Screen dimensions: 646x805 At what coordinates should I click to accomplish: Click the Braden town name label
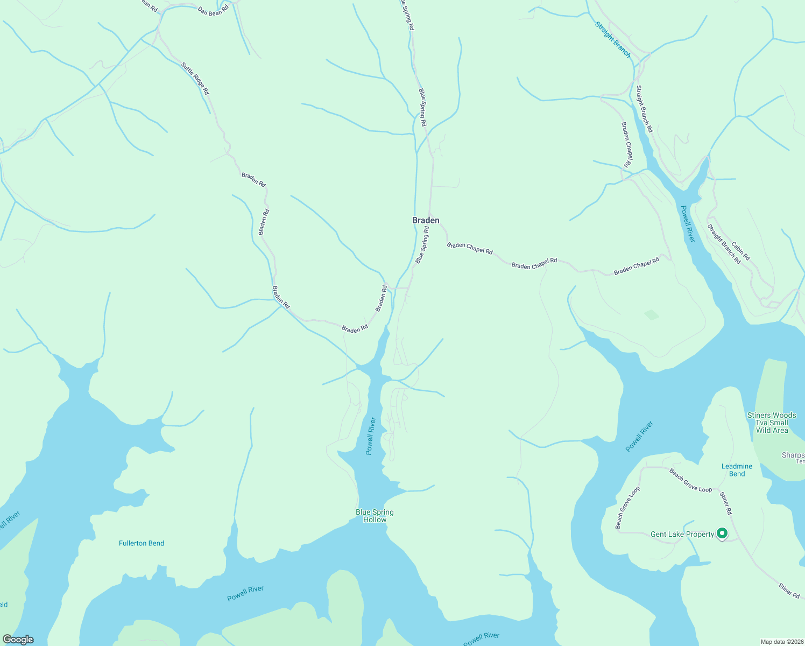pos(426,220)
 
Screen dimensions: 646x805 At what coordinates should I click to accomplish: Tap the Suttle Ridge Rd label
pos(195,79)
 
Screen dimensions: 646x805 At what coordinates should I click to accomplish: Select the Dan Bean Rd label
pos(213,10)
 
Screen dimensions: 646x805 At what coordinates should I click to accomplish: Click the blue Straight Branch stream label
pos(613,39)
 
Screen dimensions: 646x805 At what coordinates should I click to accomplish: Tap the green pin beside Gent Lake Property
pos(722,533)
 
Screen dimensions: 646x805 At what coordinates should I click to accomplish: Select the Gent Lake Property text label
pos(682,535)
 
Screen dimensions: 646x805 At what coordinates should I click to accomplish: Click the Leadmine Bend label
pos(737,470)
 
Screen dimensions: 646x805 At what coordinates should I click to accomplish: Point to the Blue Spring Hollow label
pos(375,516)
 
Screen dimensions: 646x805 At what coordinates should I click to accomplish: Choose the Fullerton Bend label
pos(142,543)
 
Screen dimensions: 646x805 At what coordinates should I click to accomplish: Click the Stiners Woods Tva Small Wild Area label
pos(772,423)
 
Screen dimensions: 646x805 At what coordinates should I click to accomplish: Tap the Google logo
pos(18,640)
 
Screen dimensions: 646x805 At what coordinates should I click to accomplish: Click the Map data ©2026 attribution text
pos(781,642)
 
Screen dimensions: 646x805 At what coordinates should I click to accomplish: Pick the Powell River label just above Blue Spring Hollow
pos(370,436)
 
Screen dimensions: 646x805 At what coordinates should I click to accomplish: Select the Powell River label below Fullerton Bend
pos(245,593)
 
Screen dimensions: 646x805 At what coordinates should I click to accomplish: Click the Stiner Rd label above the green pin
pos(726,502)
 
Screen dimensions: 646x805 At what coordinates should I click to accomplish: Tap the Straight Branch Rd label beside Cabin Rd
pos(724,244)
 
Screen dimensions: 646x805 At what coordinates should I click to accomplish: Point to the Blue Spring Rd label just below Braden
pos(422,245)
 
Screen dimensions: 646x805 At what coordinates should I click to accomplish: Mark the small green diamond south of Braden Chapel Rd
pos(652,315)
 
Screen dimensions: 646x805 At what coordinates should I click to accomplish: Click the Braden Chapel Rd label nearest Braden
pos(470,248)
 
